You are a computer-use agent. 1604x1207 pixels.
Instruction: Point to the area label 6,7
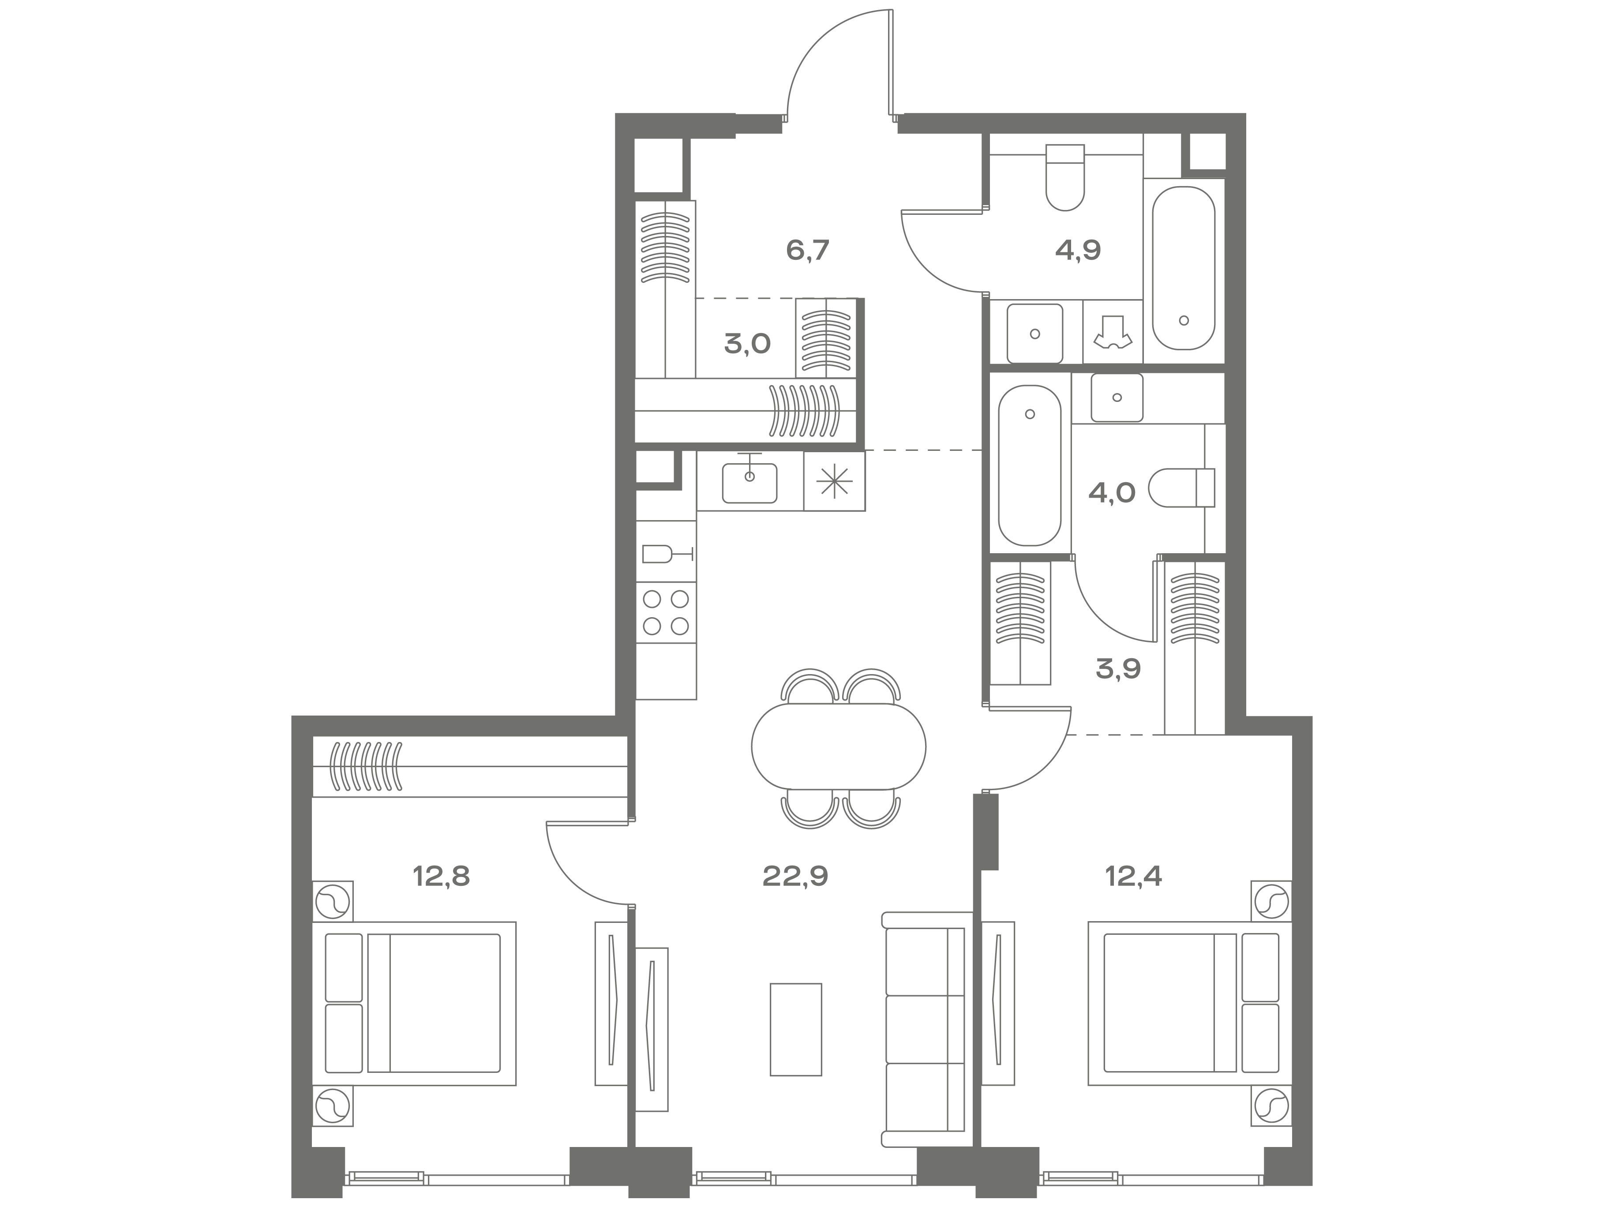(x=807, y=250)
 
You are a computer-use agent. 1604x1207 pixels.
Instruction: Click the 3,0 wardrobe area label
(x=747, y=344)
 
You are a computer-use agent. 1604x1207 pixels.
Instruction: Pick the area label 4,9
(x=1078, y=250)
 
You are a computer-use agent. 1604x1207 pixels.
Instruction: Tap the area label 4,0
(x=1112, y=493)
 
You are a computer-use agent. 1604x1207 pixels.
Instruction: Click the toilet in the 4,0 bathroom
(x=1182, y=487)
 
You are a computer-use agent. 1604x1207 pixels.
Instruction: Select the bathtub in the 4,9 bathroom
(x=1184, y=268)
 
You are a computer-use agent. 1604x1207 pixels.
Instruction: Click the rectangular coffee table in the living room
(x=795, y=1029)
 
